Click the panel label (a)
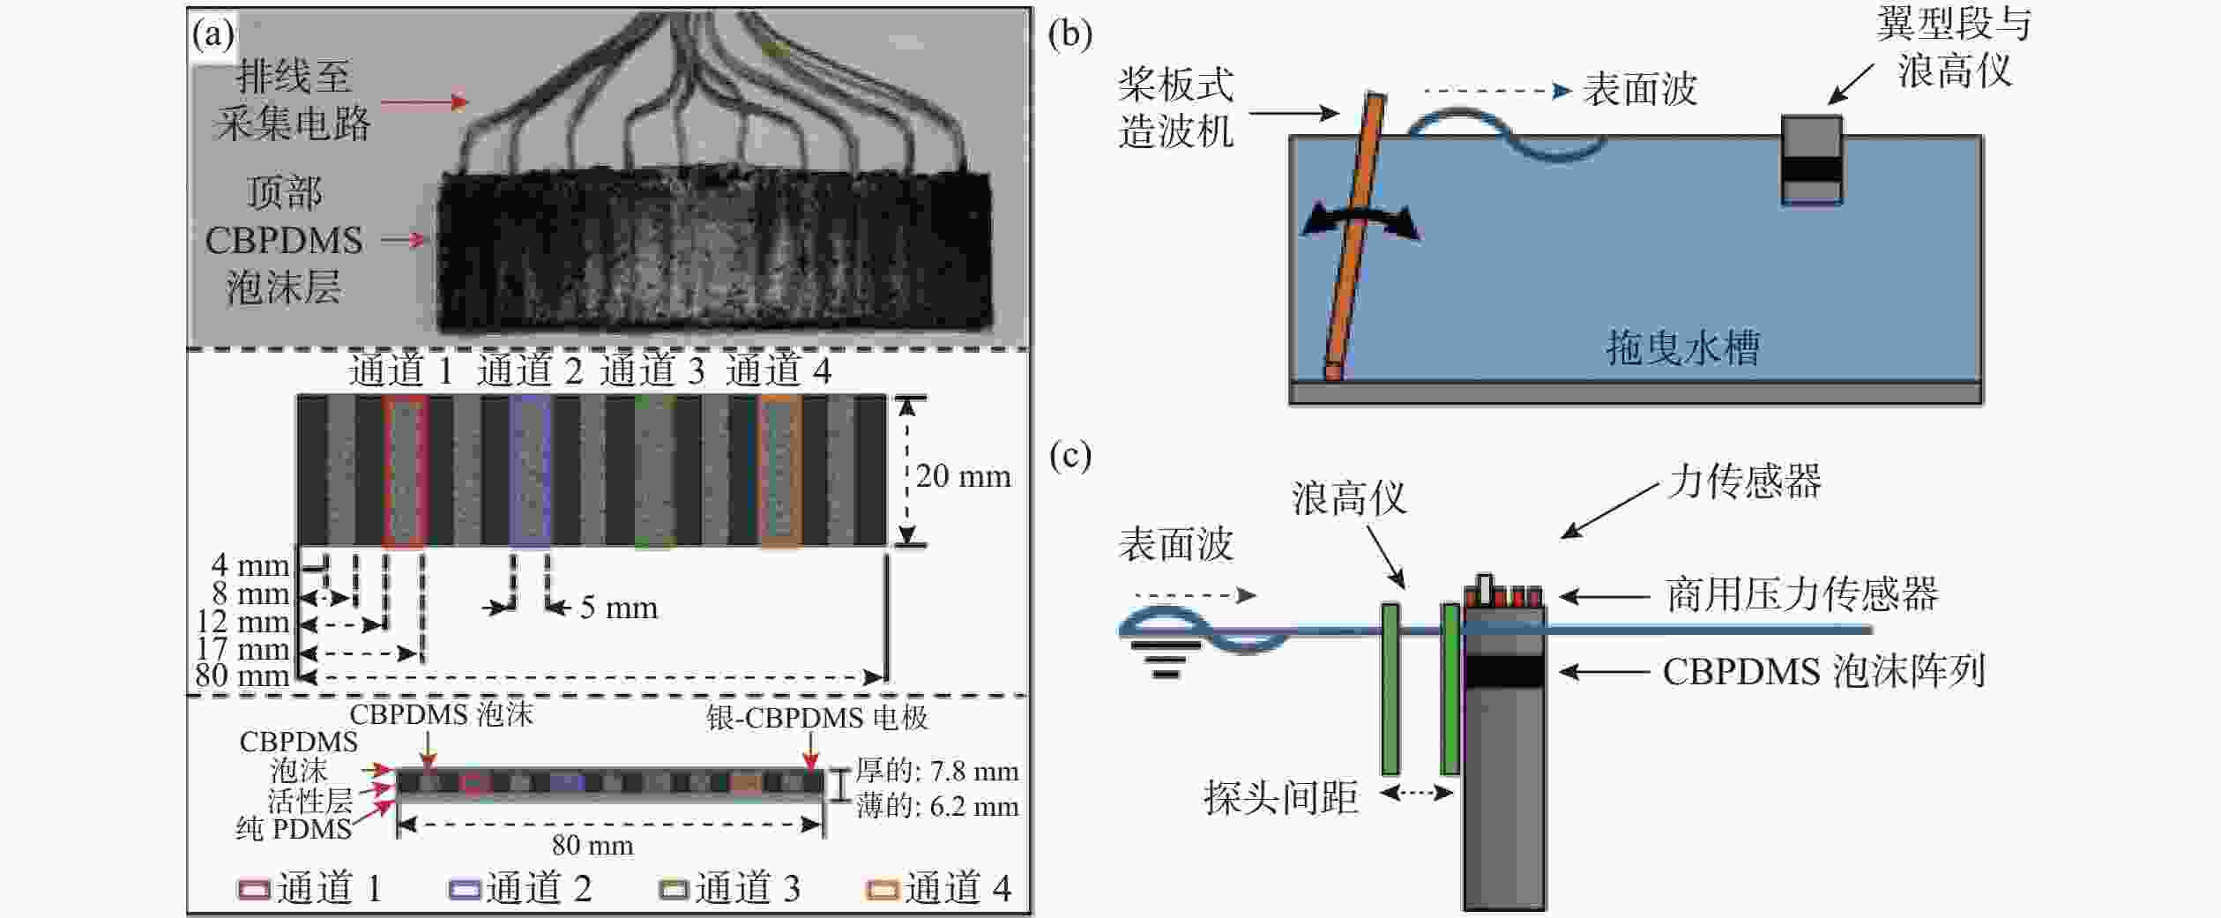(212, 35)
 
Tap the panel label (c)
(1070, 455)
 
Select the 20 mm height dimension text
(963, 477)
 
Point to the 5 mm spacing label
(619, 608)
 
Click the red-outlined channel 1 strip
(405, 471)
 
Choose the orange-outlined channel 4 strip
(780, 471)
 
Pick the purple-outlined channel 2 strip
(530, 471)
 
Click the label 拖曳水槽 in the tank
(1682, 347)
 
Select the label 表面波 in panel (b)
(1640, 89)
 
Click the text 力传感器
(1745, 481)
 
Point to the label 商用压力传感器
(1802, 594)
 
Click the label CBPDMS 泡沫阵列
(1823, 672)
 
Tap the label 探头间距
(1280, 798)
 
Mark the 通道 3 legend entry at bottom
(731, 888)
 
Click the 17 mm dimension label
(242, 650)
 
